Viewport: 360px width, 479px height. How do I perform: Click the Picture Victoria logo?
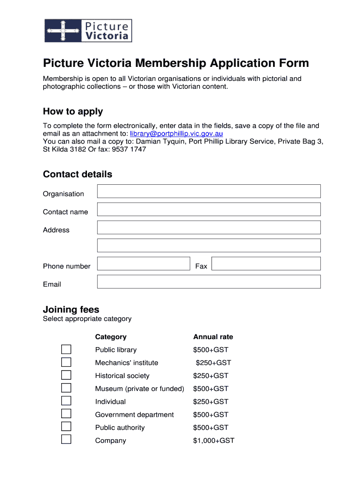[x=88, y=30]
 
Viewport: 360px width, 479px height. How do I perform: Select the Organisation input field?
[x=209, y=191]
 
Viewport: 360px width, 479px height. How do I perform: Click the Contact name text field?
[x=209, y=210]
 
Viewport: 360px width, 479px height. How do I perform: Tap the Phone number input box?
[x=144, y=264]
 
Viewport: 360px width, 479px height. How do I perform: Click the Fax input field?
[x=266, y=264]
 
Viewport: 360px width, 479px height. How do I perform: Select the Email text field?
[x=209, y=282]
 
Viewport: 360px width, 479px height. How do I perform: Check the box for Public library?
[x=66, y=349]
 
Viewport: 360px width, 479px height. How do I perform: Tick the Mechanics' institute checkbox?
[x=66, y=363]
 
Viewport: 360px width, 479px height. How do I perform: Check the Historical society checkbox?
[x=66, y=375]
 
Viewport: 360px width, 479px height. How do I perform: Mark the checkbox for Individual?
[x=66, y=401]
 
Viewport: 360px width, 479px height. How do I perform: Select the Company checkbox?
[x=66, y=439]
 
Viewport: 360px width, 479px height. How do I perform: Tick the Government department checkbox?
[x=66, y=414]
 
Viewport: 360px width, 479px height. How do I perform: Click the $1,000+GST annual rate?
[x=214, y=441]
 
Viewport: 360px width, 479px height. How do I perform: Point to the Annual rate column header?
[x=213, y=337]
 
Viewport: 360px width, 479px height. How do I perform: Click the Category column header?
[x=111, y=337]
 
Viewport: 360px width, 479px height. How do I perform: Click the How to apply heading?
[x=73, y=111]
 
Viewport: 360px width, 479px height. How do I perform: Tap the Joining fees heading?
[x=71, y=309]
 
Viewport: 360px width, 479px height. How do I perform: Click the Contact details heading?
[x=78, y=174]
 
